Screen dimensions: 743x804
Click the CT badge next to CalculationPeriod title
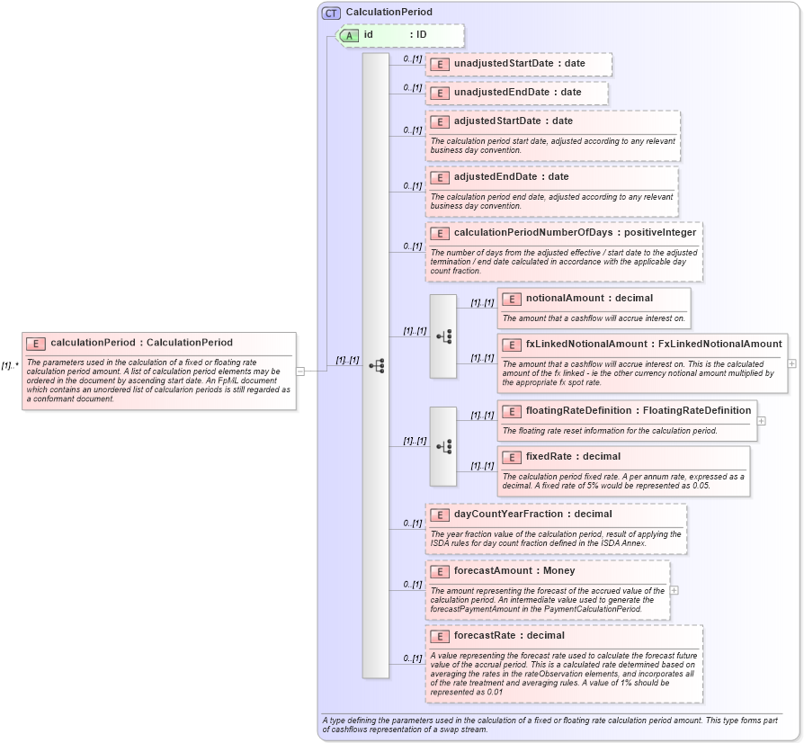pyautogui.click(x=331, y=13)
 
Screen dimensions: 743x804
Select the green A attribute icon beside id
pyautogui.click(x=349, y=35)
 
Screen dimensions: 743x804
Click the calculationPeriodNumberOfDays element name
pyautogui.click(x=534, y=232)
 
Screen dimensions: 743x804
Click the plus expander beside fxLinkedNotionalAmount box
pyautogui.click(x=791, y=363)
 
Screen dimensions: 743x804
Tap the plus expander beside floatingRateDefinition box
pyautogui.click(x=761, y=420)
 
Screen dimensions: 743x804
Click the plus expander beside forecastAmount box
pyautogui.click(x=674, y=590)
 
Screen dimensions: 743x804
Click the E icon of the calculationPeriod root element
pyautogui.click(x=37, y=343)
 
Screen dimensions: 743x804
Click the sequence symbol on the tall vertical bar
pyautogui.click(x=376, y=366)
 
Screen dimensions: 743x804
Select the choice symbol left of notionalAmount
pyautogui.click(x=443, y=336)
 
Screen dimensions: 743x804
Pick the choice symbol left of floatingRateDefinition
pyautogui.click(x=443, y=446)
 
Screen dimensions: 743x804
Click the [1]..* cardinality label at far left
pyautogui.click(x=10, y=365)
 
